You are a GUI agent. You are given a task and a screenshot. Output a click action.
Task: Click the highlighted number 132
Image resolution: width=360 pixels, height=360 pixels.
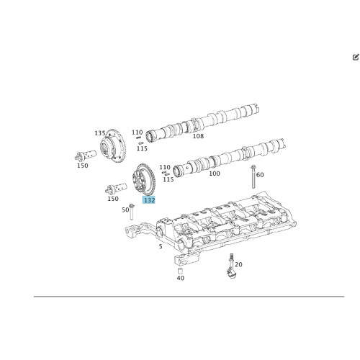click(149, 200)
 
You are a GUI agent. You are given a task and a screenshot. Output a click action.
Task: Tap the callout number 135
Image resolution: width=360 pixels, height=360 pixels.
click(99, 133)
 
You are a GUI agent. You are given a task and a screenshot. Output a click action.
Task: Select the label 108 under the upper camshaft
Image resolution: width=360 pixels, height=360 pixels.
click(198, 136)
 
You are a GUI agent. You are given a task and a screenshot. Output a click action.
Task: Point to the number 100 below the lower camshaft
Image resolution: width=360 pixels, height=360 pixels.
click(214, 174)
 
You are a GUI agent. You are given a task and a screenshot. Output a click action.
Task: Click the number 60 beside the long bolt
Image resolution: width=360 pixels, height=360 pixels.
click(260, 174)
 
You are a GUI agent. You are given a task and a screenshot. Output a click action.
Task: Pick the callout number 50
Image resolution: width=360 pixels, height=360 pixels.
click(125, 210)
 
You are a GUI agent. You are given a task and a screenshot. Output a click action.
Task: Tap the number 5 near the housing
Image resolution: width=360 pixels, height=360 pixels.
click(160, 246)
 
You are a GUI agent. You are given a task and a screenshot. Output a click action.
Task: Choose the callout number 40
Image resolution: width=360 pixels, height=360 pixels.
click(180, 278)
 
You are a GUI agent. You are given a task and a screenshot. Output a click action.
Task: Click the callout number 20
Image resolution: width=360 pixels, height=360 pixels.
click(238, 264)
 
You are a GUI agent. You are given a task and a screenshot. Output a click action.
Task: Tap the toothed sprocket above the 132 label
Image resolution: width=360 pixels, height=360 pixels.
click(144, 180)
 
